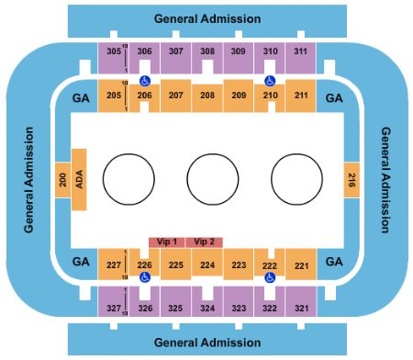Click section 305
click(x=114, y=51)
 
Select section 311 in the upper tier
click(x=300, y=51)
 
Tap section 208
click(x=207, y=96)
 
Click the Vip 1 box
click(x=166, y=242)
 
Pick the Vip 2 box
click(x=205, y=242)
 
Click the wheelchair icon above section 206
click(x=144, y=79)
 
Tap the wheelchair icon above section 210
click(x=269, y=79)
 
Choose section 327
click(x=114, y=308)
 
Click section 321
click(x=300, y=308)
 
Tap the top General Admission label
click(x=207, y=18)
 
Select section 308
click(x=207, y=51)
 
